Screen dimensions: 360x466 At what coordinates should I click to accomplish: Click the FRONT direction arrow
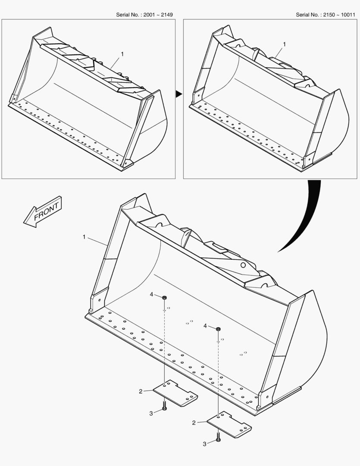coord(43,211)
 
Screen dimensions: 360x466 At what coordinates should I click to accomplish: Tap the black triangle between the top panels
coord(179,94)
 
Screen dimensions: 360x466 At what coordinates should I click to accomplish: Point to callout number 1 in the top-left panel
coord(122,54)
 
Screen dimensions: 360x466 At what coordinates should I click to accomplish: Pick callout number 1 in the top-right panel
coord(284,44)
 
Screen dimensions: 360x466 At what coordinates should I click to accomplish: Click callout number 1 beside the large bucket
coord(84,237)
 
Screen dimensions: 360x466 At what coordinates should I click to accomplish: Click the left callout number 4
coord(151,295)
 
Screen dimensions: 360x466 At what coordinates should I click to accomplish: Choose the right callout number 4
coord(205,326)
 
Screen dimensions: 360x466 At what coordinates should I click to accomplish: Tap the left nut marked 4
coord(165,297)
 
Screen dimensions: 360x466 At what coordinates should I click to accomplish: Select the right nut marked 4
coord(218,329)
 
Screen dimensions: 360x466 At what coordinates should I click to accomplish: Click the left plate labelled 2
coord(175,393)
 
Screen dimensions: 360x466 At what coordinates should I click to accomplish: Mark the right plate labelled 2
coord(229,425)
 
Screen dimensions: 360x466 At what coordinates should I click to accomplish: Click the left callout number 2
coord(141,391)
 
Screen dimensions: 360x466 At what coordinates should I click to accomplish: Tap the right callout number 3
coord(205,444)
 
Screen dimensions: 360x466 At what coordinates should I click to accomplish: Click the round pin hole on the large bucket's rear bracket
coord(243,265)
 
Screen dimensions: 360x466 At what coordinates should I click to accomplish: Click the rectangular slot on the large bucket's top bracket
coord(216,246)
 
